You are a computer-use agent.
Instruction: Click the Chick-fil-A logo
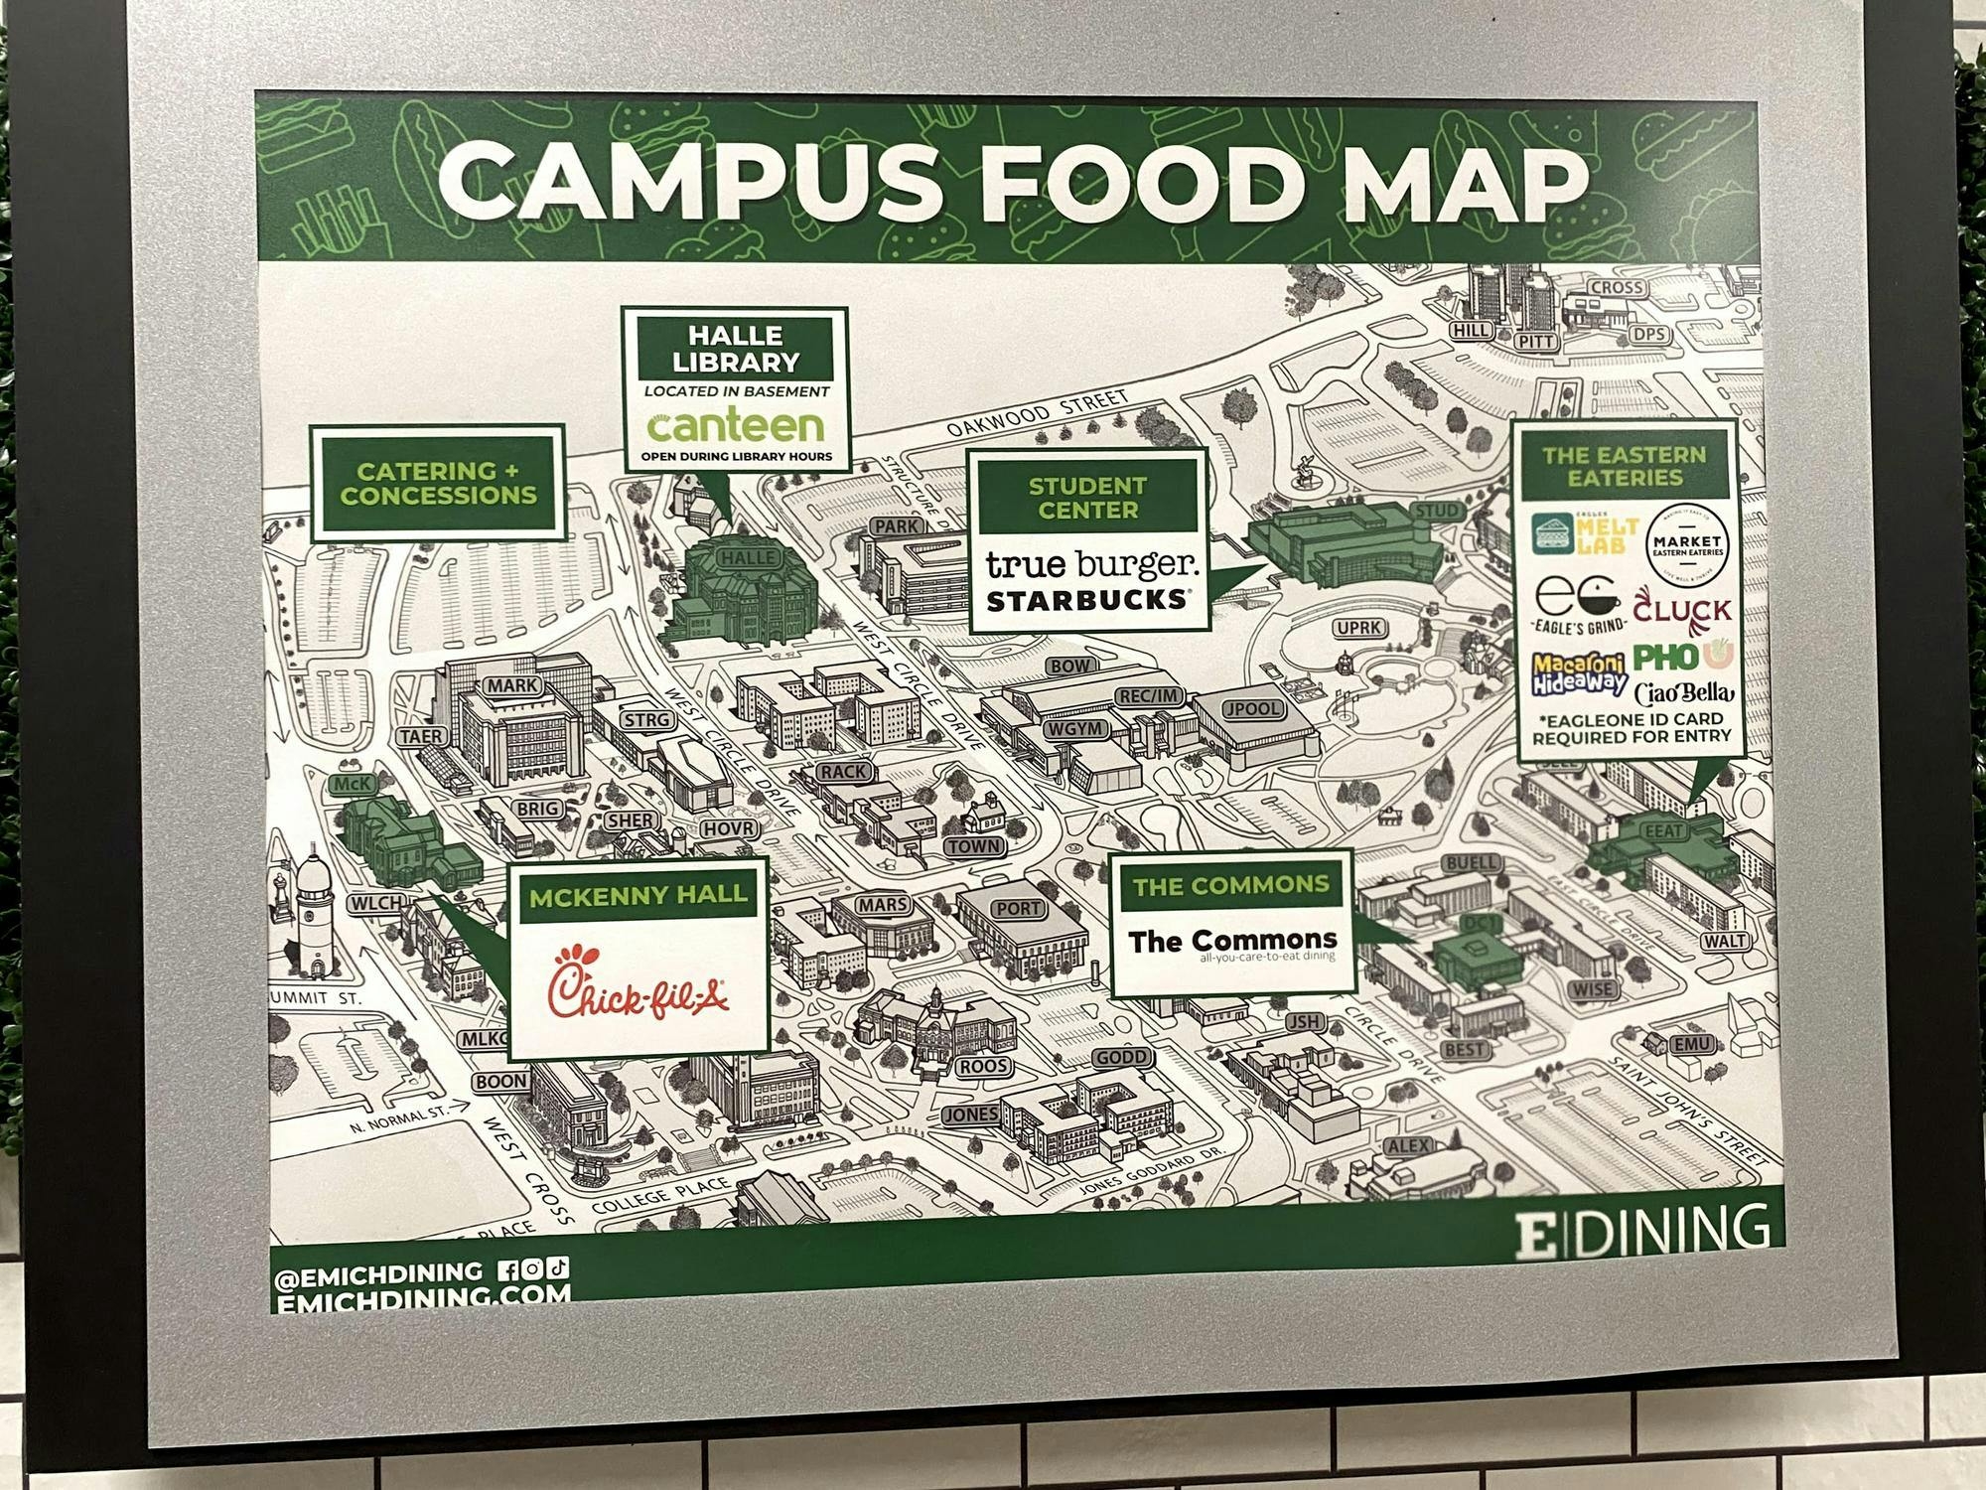coord(638,983)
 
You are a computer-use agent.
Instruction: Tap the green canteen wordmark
coord(736,425)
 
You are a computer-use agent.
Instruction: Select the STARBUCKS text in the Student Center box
coord(1087,600)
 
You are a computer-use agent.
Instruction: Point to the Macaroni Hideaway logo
coord(1580,672)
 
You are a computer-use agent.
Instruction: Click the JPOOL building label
coord(1252,709)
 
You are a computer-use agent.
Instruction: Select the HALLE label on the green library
coord(748,557)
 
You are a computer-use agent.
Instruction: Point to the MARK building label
coord(513,685)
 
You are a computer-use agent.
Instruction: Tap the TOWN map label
coord(975,847)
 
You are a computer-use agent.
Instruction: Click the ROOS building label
coord(984,1066)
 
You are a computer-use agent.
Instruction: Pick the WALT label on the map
coord(1725,941)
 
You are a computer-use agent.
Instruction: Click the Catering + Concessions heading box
coord(438,483)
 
